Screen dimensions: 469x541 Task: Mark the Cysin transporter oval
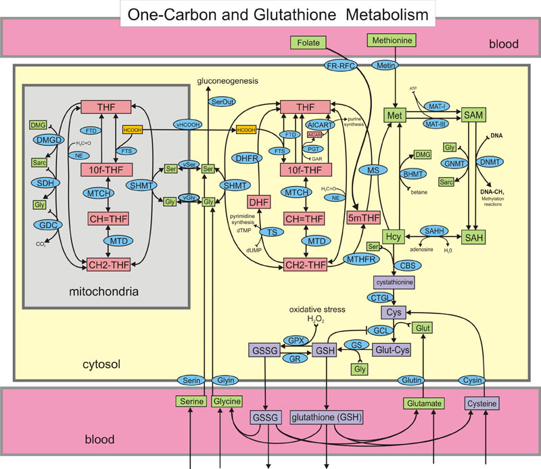point(471,380)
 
